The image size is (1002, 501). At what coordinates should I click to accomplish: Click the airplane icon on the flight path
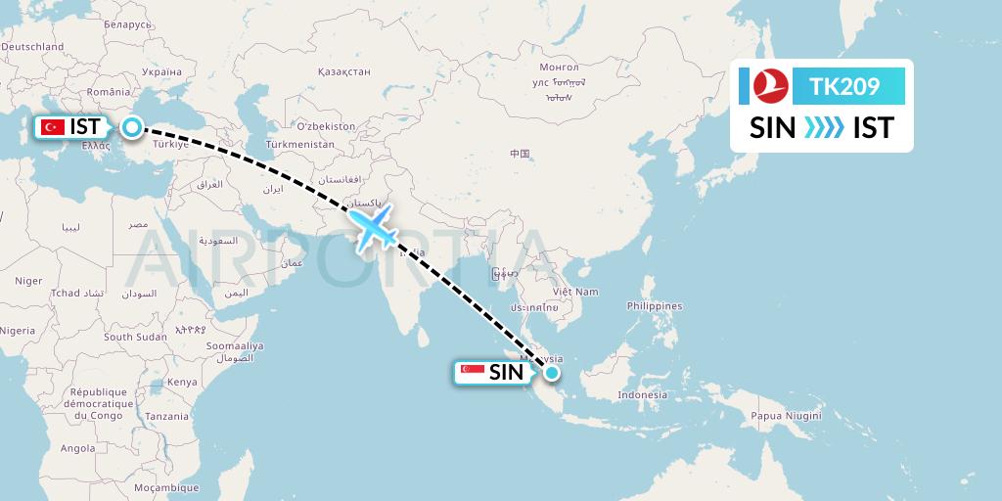tap(374, 230)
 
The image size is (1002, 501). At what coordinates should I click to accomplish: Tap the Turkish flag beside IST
tap(53, 127)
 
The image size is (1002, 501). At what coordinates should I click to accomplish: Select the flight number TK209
tap(844, 87)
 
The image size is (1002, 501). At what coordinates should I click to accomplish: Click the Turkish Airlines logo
tap(770, 87)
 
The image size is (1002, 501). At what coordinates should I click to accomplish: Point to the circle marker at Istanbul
tap(131, 126)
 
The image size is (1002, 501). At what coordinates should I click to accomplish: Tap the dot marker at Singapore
tap(552, 372)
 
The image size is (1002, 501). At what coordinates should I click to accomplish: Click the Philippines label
tap(655, 306)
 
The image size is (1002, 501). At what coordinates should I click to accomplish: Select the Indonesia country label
tap(642, 395)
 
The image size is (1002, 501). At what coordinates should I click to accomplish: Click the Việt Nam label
tap(574, 292)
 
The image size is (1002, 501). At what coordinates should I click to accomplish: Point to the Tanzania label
tap(167, 416)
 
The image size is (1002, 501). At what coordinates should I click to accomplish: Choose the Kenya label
tap(182, 382)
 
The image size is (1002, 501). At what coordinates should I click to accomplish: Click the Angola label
tap(78, 449)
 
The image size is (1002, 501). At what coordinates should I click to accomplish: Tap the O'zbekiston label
tap(325, 126)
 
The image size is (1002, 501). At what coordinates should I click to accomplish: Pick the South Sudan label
tap(132, 337)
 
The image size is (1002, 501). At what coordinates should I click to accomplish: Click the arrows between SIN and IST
tap(822, 128)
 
